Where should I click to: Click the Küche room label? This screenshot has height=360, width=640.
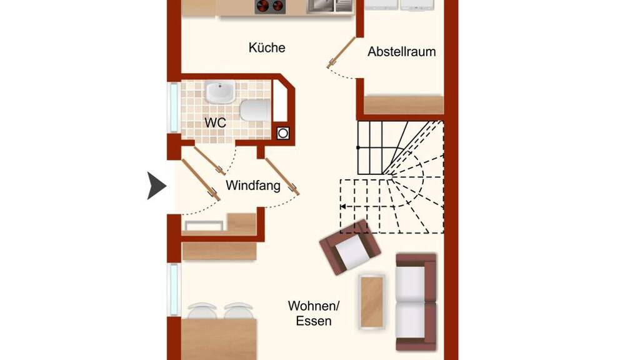click(x=266, y=47)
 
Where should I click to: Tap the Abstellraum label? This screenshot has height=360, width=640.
click(x=402, y=52)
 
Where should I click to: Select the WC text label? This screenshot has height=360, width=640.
click(x=215, y=122)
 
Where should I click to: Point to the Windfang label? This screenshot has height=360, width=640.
click(x=253, y=185)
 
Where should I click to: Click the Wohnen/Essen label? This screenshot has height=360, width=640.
click(x=314, y=313)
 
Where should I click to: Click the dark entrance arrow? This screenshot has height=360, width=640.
click(x=156, y=186)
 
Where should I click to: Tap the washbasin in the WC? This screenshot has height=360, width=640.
click(x=221, y=91)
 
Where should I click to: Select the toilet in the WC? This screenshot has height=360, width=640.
click(x=255, y=110)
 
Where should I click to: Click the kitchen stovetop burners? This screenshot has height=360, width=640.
click(x=270, y=6)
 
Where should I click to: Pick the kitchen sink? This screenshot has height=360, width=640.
click(x=329, y=6)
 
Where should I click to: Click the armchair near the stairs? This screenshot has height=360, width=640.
click(x=350, y=247)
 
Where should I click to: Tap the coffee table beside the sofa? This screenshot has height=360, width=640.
click(x=372, y=302)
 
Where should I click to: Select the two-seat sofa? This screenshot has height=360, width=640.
click(x=416, y=302)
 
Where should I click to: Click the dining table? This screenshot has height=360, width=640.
click(x=219, y=339)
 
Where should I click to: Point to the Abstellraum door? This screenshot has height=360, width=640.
click(x=341, y=52)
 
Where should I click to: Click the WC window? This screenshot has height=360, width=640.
click(x=174, y=107)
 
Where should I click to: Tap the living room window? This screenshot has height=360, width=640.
click(x=174, y=289)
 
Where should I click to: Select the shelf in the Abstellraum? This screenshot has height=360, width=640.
click(x=404, y=105)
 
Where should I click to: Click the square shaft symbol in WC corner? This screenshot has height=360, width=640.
click(x=283, y=134)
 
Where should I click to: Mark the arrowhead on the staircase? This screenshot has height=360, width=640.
click(x=343, y=206)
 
